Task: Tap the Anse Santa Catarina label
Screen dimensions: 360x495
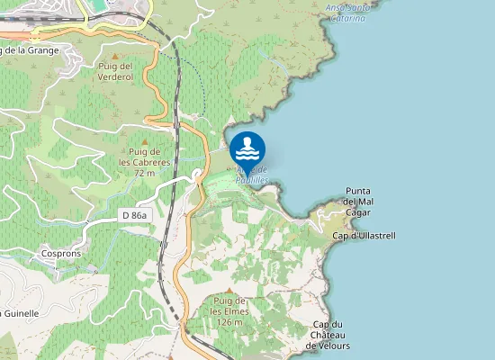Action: pyautogui.click(x=348, y=12)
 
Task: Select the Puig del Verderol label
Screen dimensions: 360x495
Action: pyautogui.click(x=114, y=71)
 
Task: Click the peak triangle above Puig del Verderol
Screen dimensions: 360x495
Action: pyautogui.click(x=114, y=56)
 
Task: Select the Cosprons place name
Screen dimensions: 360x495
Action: pyautogui.click(x=61, y=254)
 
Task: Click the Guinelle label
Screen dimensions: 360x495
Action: pyautogui.click(x=20, y=312)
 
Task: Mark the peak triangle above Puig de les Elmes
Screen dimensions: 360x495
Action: pyautogui.click(x=230, y=290)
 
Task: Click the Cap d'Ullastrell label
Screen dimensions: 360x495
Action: pyautogui.click(x=364, y=236)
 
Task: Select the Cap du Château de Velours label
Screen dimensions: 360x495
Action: pyautogui.click(x=328, y=335)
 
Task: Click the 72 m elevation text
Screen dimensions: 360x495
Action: pyautogui.click(x=144, y=172)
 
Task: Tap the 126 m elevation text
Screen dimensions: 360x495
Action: pyautogui.click(x=230, y=321)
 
